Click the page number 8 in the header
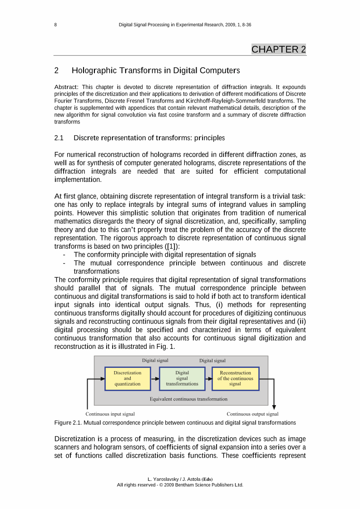coord(55,25)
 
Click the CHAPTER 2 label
coord(279,49)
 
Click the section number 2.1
coord(59,137)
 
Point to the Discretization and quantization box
coord(128,378)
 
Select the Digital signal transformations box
coord(182,378)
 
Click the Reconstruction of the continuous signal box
coord(235,378)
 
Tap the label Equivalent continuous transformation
coord(188,399)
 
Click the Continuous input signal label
coord(110,414)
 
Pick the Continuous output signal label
coord(252,414)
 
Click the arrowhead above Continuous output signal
coord(274,407)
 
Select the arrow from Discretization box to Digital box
coord(155,378)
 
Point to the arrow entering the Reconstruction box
coord(208,378)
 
